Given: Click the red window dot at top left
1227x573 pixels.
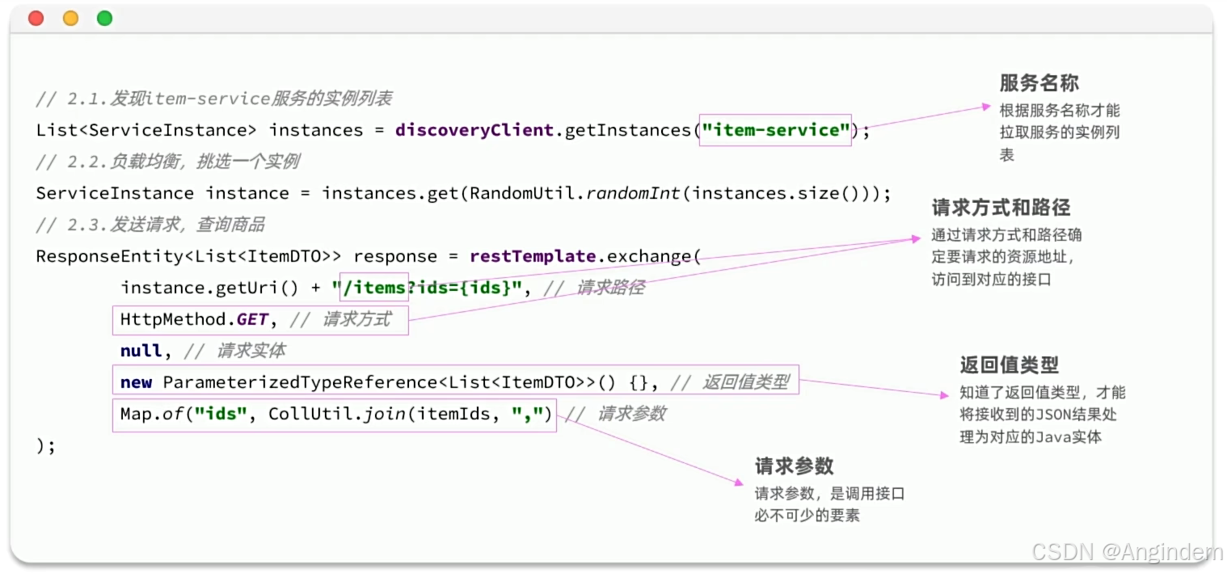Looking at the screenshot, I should [36, 18].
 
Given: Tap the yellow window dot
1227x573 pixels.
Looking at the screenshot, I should [70, 18].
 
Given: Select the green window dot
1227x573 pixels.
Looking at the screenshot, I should [104, 18].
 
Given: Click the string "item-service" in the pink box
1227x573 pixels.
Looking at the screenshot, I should [775, 129].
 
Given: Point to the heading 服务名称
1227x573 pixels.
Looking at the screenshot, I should [1039, 83].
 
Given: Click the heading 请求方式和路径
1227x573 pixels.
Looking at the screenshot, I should [1001, 208].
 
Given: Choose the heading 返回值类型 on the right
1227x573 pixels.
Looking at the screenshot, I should [1009, 365].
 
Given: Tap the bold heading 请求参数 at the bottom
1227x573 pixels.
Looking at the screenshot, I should [794, 466].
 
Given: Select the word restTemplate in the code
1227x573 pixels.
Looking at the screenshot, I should [533, 256].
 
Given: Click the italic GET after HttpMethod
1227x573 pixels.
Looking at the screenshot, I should [252, 319].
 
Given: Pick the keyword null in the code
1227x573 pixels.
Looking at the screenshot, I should [141, 351].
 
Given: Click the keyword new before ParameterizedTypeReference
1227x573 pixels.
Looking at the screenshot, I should [136, 382].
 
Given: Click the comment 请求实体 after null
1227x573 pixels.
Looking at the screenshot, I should [251, 351].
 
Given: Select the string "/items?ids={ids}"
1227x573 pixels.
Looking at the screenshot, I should [425, 288].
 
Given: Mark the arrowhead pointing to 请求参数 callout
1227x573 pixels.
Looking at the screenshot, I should [738, 482].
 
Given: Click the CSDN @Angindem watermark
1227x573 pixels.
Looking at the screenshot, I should [1128, 552].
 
